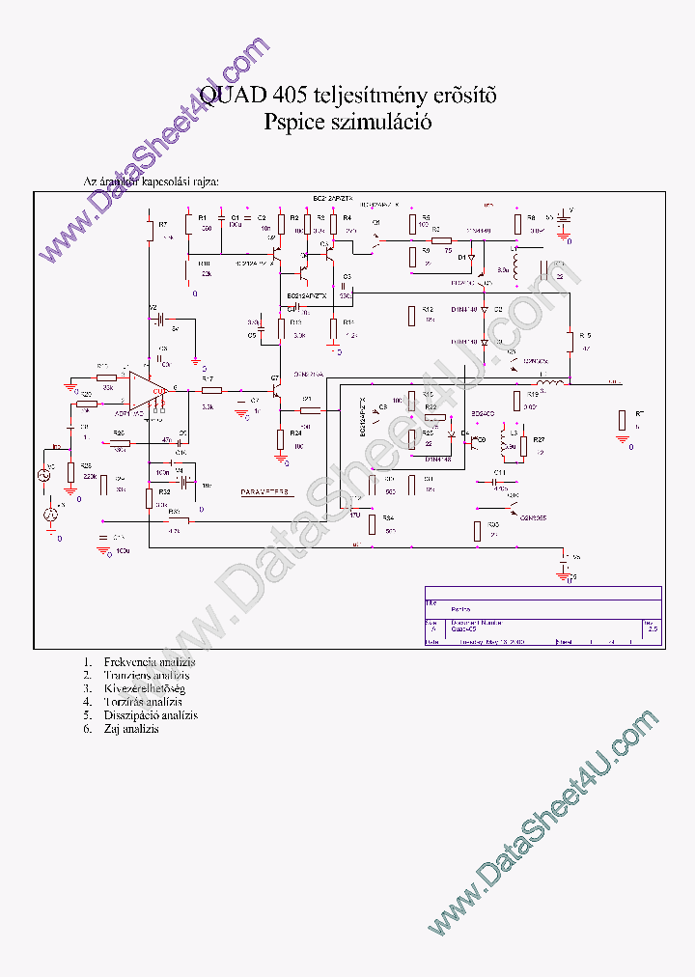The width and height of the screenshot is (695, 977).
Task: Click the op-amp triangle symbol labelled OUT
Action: pos(147,390)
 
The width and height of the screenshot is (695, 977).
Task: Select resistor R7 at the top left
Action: pos(150,232)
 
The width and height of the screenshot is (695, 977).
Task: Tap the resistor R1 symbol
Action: pos(189,225)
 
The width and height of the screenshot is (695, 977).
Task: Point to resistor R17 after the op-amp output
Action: pos(211,390)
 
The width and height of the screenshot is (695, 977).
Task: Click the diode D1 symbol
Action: pos(471,258)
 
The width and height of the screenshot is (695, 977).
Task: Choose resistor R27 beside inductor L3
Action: pos(524,445)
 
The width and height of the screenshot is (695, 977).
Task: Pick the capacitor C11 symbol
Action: pos(499,480)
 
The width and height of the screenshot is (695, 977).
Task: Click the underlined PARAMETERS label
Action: pos(264,492)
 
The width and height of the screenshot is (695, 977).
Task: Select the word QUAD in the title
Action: pos(234,96)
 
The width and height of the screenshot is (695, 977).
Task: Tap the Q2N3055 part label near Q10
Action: pos(533,517)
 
